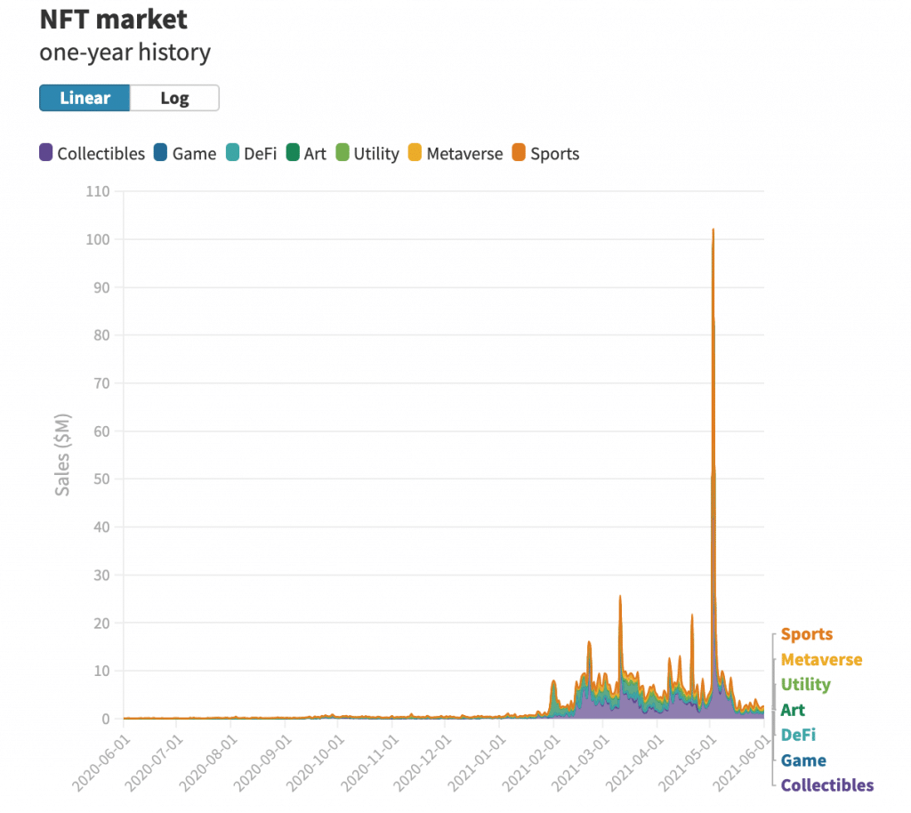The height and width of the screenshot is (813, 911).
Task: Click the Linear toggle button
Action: [85, 98]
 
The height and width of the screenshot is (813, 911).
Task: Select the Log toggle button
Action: [174, 98]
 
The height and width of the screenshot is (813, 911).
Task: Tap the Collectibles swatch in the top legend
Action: [45, 153]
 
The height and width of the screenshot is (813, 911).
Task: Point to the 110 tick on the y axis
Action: [97, 191]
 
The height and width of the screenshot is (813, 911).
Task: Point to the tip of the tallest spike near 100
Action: [713, 229]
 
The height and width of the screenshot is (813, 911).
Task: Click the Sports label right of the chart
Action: [806, 634]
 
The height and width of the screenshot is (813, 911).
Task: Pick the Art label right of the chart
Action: [792, 710]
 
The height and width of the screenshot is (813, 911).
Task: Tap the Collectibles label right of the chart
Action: [826, 785]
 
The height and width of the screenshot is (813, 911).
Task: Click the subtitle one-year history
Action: [125, 52]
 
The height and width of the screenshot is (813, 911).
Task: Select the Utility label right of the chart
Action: [805, 684]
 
